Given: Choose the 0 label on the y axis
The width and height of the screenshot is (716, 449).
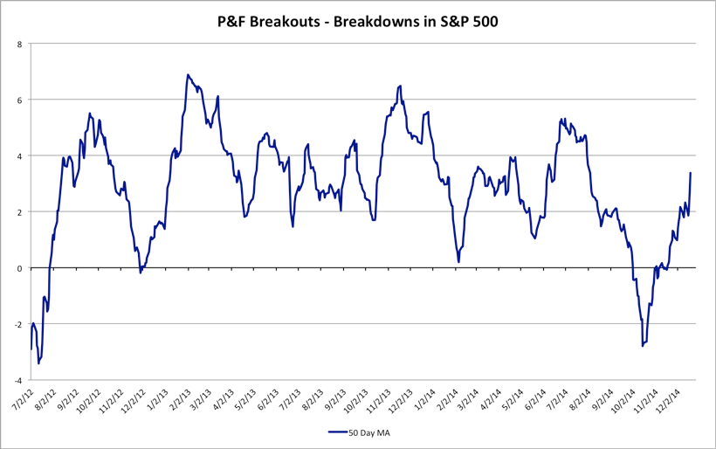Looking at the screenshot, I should [21, 268].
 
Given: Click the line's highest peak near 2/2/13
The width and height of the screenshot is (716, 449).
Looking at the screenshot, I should [188, 75].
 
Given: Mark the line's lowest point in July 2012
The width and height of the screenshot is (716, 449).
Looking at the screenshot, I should [38, 363].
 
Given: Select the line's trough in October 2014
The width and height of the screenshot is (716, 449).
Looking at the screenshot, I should [643, 347].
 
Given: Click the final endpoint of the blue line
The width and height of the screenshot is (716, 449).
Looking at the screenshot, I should [691, 172].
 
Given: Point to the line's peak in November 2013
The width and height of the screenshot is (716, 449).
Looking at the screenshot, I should [400, 86].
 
